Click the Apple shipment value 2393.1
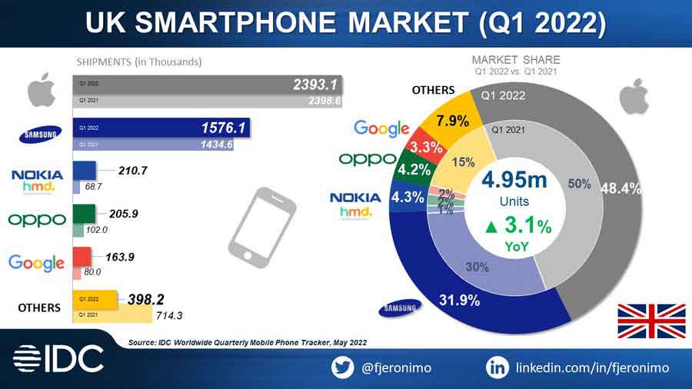pos(315,85)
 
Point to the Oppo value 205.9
pos(123,214)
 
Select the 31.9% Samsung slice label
pos(459,300)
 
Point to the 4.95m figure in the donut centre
pos(514,181)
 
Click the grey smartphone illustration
pos(259,225)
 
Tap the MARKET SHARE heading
pos(515,60)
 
